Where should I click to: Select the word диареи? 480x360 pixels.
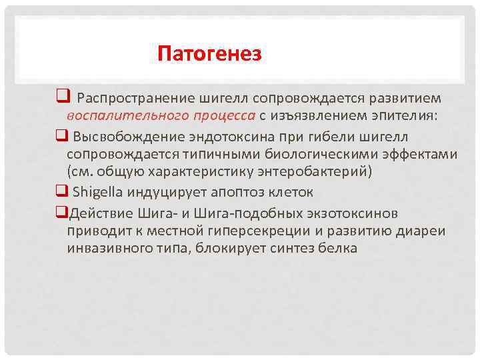(423, 231)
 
